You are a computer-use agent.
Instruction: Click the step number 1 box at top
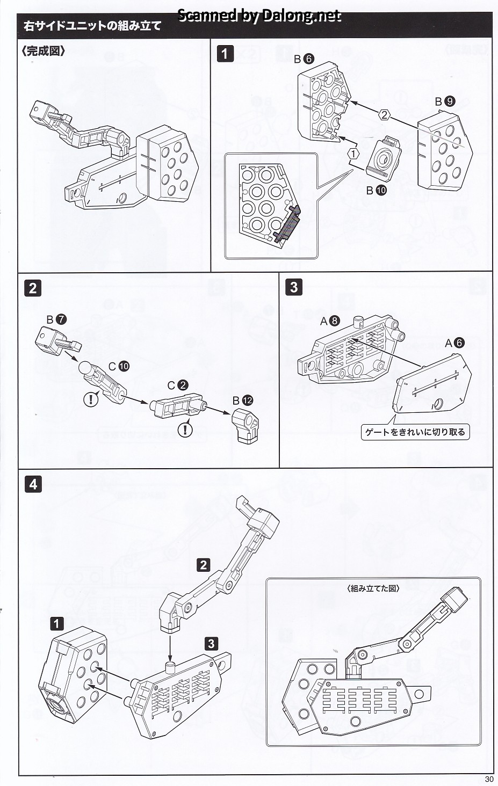tap(225, 54)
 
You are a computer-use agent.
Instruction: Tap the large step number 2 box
tap(33, 288)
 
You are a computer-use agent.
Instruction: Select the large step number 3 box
tap(293, 287)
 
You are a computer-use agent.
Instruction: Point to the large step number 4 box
tap(33, 484)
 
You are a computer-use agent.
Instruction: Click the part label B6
tap(304, 59)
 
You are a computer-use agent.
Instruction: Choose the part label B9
tap(445, 101)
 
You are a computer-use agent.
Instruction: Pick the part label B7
tap(56, 319)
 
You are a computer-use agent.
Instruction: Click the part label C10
tap(119, 366)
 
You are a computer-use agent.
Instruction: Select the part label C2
tap(177, 385)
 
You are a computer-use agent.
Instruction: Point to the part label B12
tap(242, 400)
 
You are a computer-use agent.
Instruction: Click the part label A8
tap(330, 321)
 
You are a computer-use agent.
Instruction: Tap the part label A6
tap(454, 343)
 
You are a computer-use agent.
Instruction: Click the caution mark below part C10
tap(91, 399)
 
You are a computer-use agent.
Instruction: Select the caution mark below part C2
tap(185, 430)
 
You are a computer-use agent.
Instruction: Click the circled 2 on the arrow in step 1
tap(384, 114)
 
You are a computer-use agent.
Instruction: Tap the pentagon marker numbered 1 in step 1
tap(353, 153)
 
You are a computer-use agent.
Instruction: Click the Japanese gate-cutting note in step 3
tap(415, 432)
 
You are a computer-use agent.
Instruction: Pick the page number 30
tap(488, 780)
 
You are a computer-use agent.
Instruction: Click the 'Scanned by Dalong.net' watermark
tap(259, 16)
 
